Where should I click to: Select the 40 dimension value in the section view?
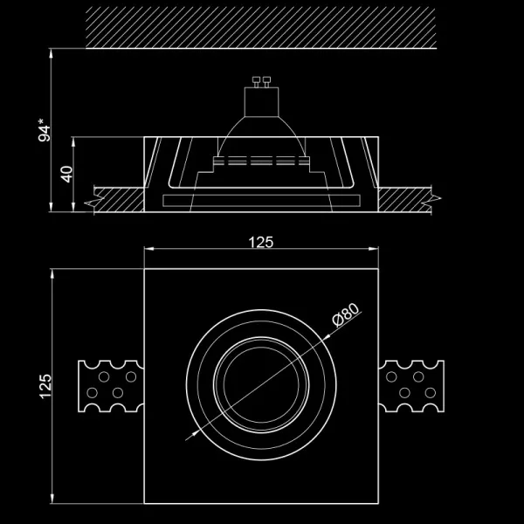coord(65,173)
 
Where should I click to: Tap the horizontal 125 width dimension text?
coord(260,242)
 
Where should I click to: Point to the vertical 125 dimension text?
coord(46,386)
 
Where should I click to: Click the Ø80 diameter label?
coord(346,318)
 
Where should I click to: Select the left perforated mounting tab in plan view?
coord(110,386)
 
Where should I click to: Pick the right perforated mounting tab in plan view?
coord(413,386)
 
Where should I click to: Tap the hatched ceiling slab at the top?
coord(260,28)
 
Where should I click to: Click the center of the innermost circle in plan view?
coord(260,386)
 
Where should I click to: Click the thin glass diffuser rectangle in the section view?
coord(260,201)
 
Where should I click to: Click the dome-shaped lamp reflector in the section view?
coord(260,135)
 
